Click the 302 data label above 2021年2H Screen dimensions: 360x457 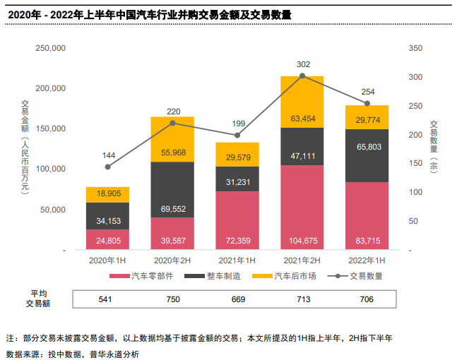point(302,64)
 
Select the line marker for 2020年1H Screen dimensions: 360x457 point(107,167)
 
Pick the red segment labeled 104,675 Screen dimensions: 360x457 point(302,208)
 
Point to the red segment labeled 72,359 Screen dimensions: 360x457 point(237,220)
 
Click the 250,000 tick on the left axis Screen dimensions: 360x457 point(50,48)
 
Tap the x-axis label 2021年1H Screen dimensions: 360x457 point(237,260)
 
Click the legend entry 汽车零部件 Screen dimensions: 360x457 point(149,276)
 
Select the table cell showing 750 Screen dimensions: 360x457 point(172,299)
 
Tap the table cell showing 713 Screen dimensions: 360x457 point(302,299)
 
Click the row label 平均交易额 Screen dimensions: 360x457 point(37,299)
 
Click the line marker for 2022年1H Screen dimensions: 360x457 point(367,104)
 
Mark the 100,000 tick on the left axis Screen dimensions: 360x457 point(50,169)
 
